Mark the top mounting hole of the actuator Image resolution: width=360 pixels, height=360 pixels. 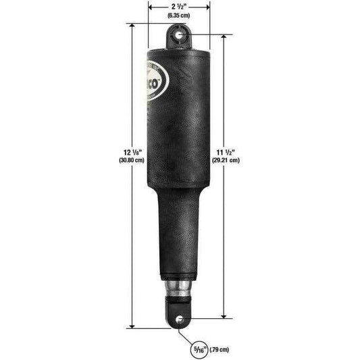click(179, 34)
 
